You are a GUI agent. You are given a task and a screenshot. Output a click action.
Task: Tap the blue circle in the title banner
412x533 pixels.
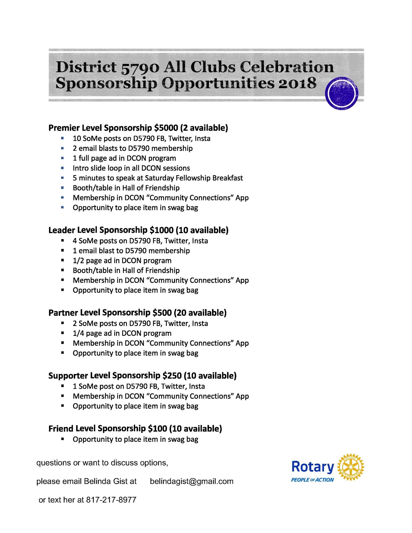[x=342, y=93]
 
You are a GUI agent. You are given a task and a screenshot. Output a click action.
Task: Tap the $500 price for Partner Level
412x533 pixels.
[x=162, y=313]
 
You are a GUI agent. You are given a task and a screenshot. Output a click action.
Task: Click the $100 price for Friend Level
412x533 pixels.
[x=158, y=428]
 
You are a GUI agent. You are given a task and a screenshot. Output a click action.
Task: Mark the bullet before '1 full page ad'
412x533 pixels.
[x=62, y=158]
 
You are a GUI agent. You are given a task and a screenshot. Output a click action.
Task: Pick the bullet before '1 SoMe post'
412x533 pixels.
[x=62, y=386]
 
